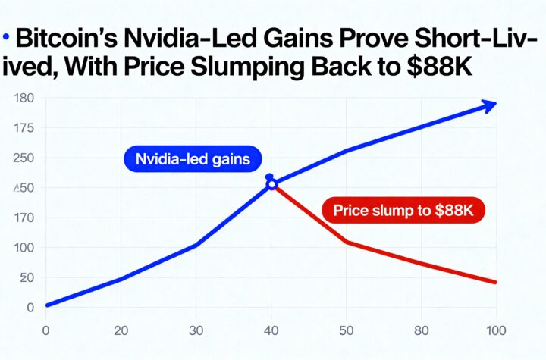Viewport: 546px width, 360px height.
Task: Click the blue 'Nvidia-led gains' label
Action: point(192,159)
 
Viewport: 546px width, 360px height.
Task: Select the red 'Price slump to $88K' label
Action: point(403,211)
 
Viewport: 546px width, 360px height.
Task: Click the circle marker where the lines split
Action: point(271,183)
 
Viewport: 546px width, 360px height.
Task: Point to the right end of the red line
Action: point(494,282)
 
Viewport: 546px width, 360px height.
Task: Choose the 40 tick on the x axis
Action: point(271,330)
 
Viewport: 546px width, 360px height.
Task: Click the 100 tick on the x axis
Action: point(495,330)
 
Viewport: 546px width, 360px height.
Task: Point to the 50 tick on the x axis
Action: point(347,330)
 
